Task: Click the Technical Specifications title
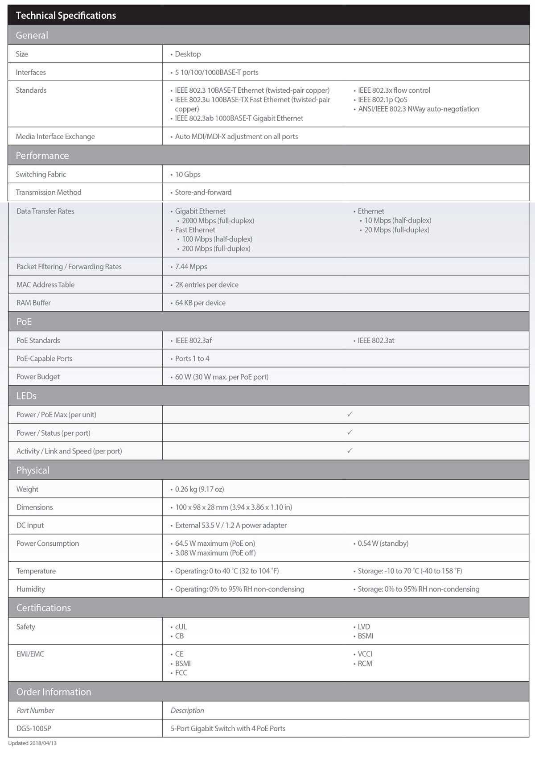(x=66, y=16)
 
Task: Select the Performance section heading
(x=42, y=156)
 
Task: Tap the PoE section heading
(x=24, y=322)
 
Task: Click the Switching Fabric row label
(x=41, y=174)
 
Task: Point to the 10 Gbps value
(x=187, y=174)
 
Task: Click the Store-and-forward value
(x=203, y=192)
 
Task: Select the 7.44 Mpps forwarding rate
(x=191, y=267)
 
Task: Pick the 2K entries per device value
(x=206, y=285)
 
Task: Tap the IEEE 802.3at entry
(x=376, y=341)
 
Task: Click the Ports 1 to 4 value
(x=192, y=358)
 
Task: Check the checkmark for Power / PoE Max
(x=350, y=414)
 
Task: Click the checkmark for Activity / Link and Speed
(x=350, y=451)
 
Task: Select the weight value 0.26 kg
(x=199, y=489)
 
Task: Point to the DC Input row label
(x=30, y=525)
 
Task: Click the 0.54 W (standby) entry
(x=383, y=544)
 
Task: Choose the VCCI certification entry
(x=365, y=654)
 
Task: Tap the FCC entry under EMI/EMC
(x=181, y=673)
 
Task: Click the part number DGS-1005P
(x=34, y=729)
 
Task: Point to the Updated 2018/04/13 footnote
(x=33, y=743)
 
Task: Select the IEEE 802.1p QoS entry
(x=383, y=100)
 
